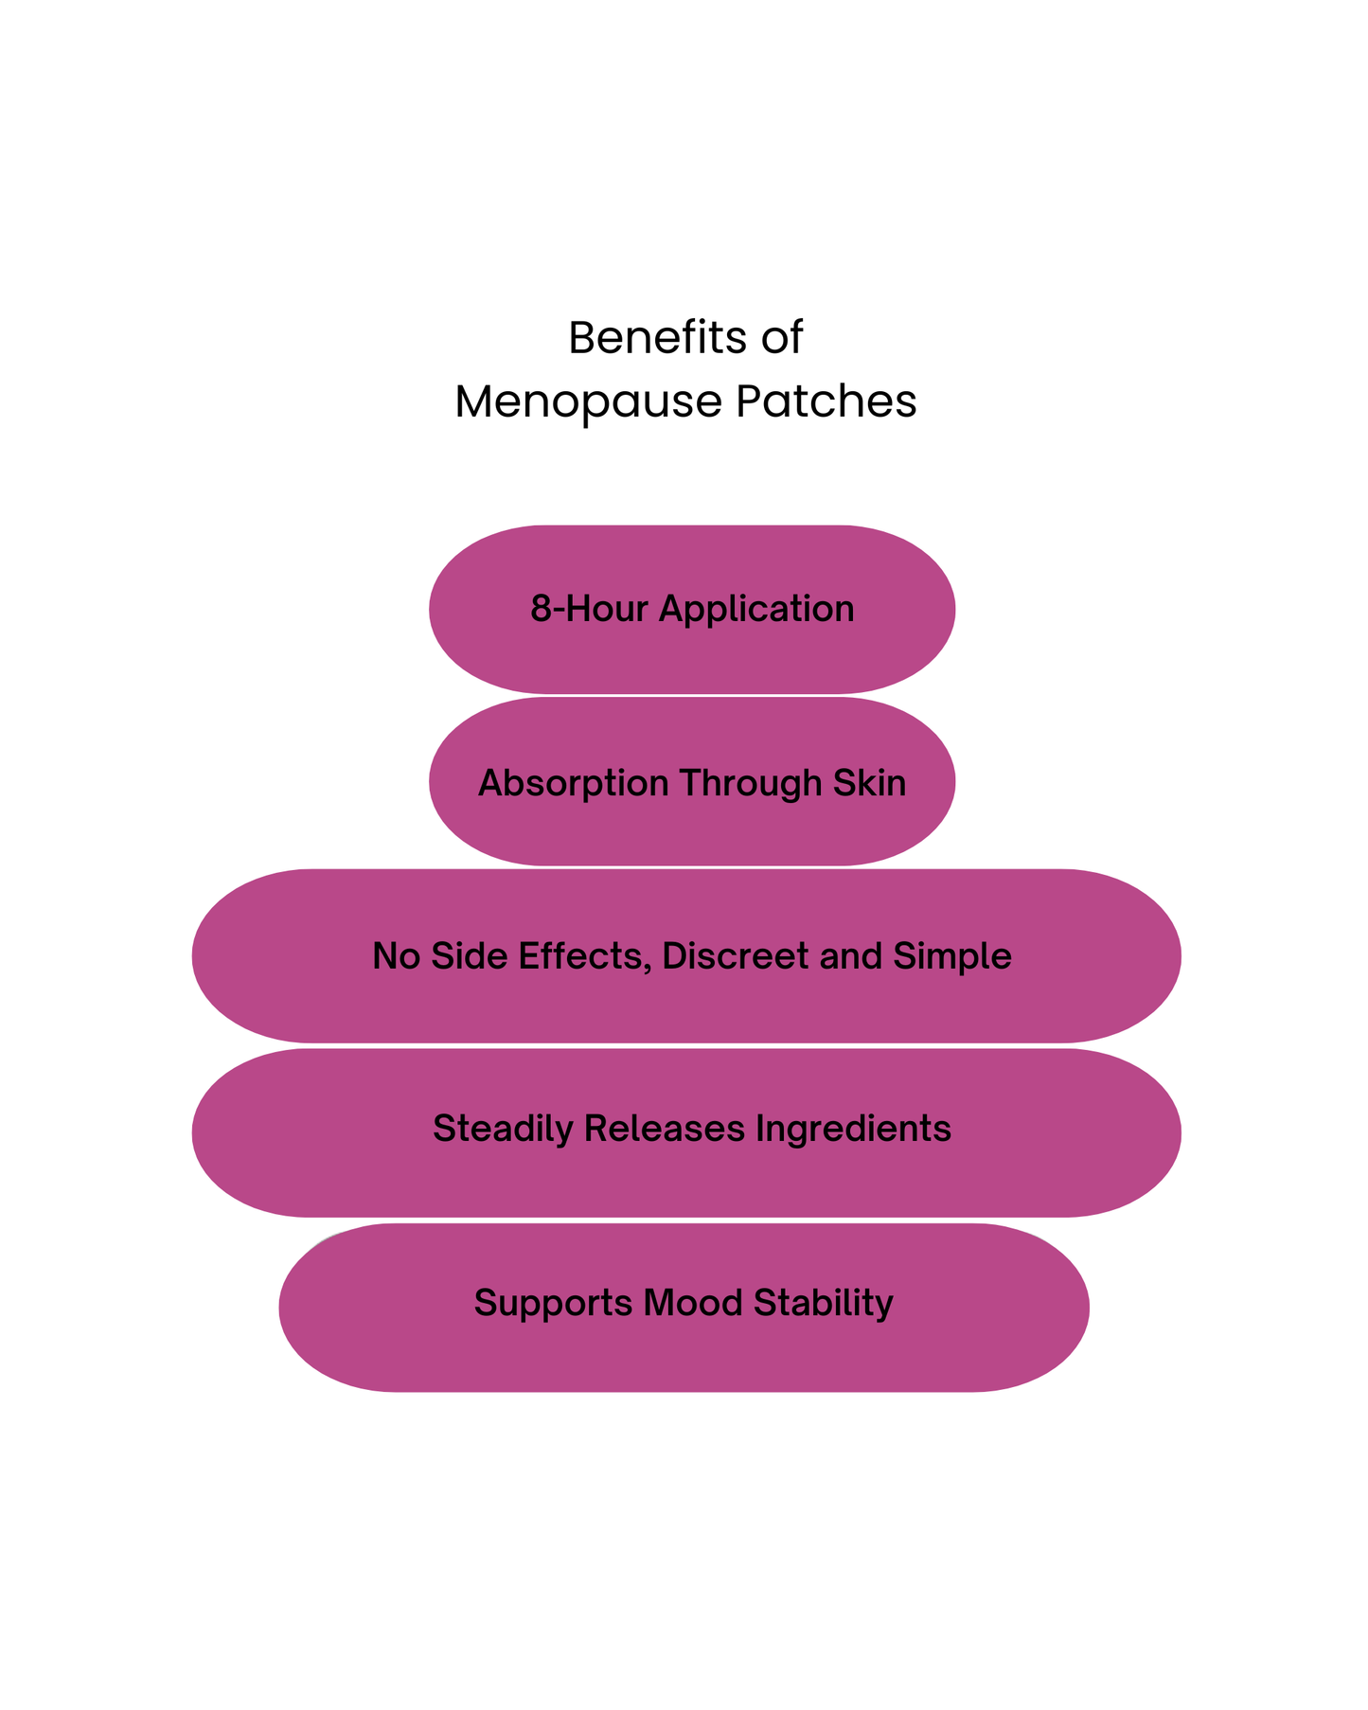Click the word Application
[x=756, y=609]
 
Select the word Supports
[x=553, y=1304]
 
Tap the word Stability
[x=823, y=1304]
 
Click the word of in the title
[x=780, y=338]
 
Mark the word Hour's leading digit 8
[x=540, y=609]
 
